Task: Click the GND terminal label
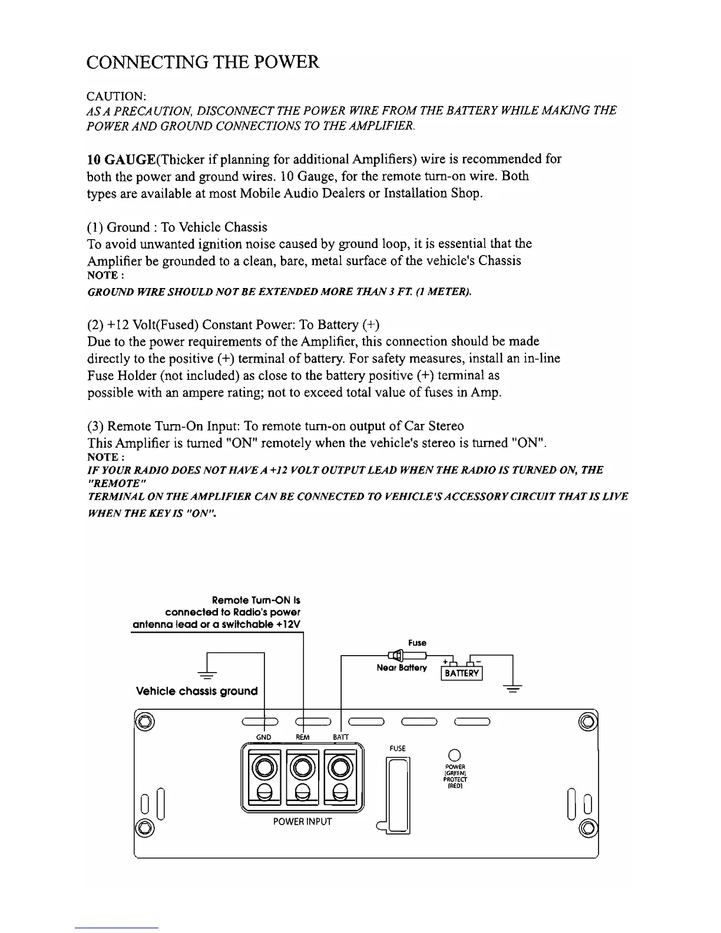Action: click(264, 737)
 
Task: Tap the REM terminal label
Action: click(302, 737)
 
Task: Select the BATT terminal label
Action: click(341, 737)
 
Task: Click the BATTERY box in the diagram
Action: click(462, 673)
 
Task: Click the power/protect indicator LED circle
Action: click(454, 755)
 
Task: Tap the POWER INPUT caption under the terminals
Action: click(302, 821)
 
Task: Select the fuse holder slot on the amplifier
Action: click(398, 794)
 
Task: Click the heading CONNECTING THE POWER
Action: click(203, 62)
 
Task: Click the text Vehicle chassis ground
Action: click(197, 691)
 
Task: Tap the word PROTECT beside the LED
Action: click(454, 779)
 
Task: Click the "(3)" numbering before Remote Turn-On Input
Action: click(95, 426)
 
